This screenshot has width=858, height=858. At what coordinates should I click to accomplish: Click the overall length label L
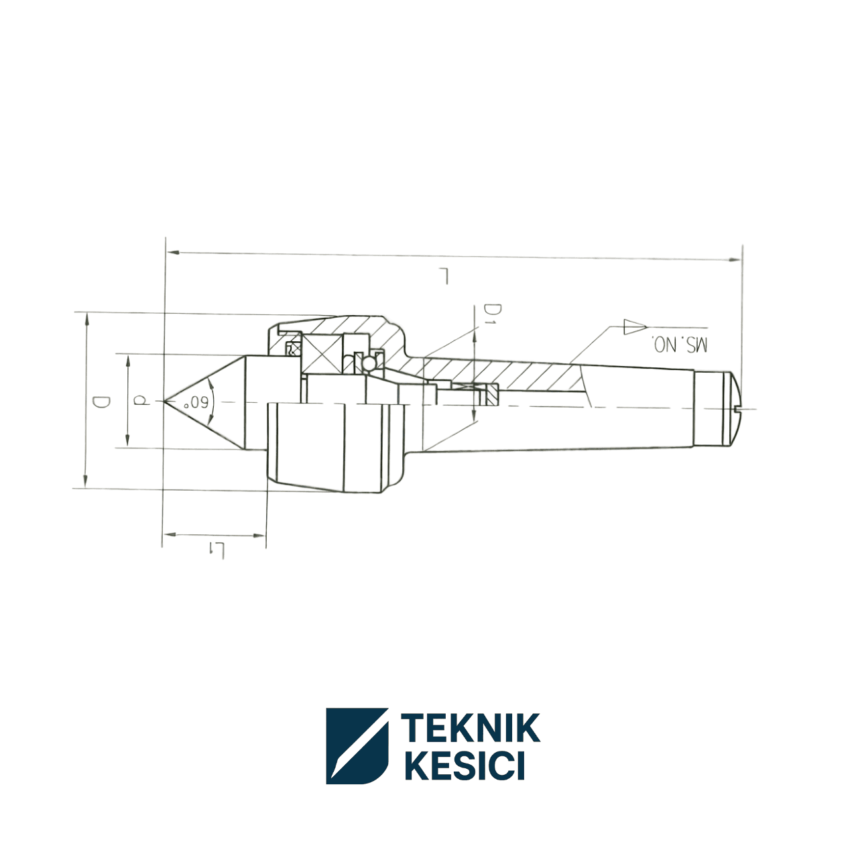click(x=444, y=275)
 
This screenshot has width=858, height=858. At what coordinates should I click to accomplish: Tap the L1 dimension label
click(x=217, y=550)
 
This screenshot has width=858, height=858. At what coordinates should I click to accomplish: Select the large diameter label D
click(x=101, y=402)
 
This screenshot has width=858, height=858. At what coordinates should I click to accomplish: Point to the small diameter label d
click(x=141, y=400)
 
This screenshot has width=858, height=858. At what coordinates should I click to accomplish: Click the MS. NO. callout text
click(x=680, y=345)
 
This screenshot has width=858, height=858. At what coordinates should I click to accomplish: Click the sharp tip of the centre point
click(x=164, y=402)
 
